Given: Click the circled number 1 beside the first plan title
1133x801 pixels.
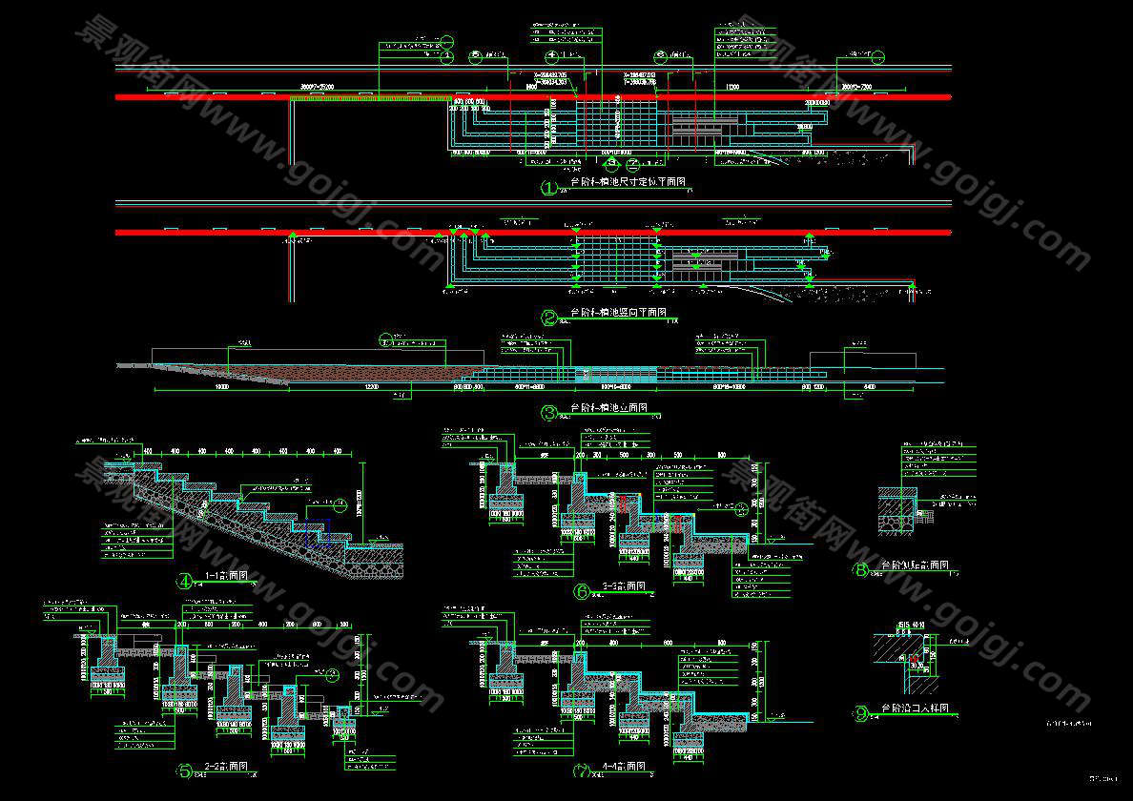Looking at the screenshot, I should [548, 188].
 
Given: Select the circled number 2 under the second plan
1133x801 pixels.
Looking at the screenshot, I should [548, 318].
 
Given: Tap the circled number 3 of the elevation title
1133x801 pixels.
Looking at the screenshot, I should [548, 413].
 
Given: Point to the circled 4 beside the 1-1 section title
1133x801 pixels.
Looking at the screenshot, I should [185, 581].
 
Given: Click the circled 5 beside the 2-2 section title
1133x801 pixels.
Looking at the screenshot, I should [185, 770].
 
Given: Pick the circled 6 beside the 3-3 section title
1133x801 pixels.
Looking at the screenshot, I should [582, 591].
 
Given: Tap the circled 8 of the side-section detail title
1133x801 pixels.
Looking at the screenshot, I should [861, 570].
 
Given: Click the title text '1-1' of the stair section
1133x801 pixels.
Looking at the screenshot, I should [215, 577].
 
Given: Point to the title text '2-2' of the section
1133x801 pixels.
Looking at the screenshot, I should [215, 767].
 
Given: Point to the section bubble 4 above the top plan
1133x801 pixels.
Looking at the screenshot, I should [551, 55].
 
